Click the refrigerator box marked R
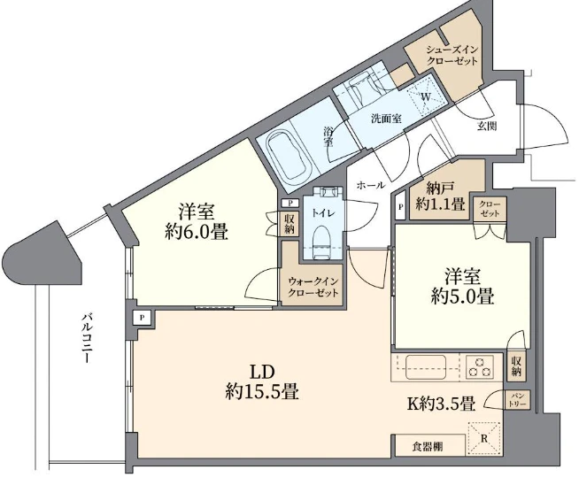[484, 438]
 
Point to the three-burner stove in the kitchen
[480, 367]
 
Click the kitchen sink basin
[425, 367]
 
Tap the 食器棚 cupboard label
[428, 447]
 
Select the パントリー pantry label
[518, 400]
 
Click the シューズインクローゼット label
[452, 55]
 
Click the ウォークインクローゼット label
[313, 288]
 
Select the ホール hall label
[371, 185]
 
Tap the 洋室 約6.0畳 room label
[196, 221]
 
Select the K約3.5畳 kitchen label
[441, 404]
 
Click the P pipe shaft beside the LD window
[143, 317]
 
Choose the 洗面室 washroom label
[387, 119]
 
